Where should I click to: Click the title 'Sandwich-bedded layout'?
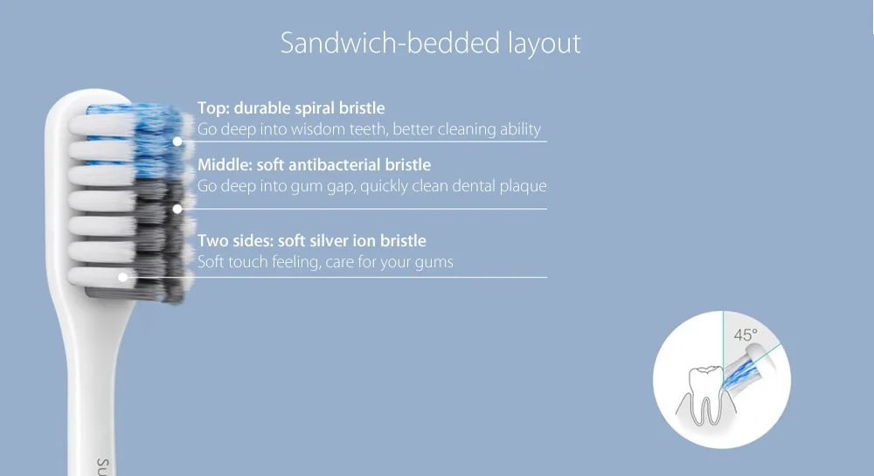pyautogui.click(x=430, y=43)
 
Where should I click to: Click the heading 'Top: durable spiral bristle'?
pyautogui.click(x=290, y=108)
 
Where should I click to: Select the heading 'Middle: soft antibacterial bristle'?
pyautogui.click(x=314, y=164)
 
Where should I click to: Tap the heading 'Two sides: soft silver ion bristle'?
pyautogui.click(x=311, y=240)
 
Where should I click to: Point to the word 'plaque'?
pyautogui.click(x=523, y=186)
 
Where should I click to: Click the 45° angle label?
pyautogui.click(x=746, y=335)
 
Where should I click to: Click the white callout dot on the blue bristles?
pyautogui.click(x=177, y=141)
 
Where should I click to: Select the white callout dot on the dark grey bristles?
pyautogui.click(x=177, y=209)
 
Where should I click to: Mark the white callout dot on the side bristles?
pyautogui.click(x=123, y=277)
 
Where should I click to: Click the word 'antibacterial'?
pyautogui.click(x=343, y=164)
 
